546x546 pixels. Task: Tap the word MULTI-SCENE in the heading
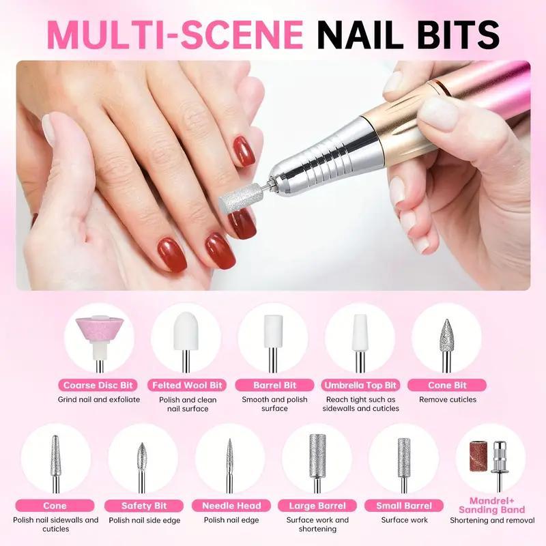(175, 35)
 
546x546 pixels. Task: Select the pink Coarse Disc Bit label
(98, 385)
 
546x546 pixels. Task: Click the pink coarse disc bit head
(99, 329)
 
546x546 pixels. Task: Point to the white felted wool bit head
(186, 331)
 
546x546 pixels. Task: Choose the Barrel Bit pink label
(274, 385)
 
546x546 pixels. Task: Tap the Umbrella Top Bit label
(360, 385)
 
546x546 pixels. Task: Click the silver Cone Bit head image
(446, 336)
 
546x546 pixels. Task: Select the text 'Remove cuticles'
(448, 399)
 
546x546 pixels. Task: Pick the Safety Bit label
(144, 506)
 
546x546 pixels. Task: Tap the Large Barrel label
(317, 506)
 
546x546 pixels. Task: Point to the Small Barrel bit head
(404, 457)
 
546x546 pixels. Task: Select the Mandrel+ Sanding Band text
(491, 505)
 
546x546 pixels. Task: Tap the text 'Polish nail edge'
(231, 520)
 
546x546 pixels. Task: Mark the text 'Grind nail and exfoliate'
(99, 399)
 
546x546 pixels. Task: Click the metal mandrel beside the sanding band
(500, 465)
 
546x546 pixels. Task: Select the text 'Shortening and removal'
(492, 520)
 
